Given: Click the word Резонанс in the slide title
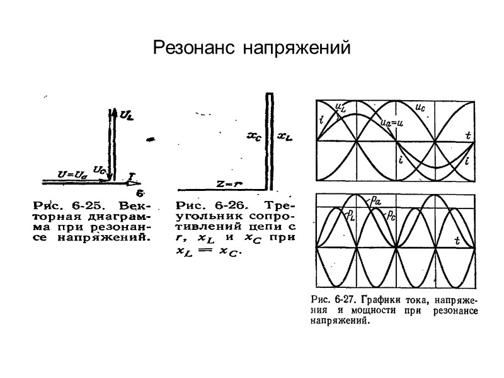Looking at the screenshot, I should tap(195, 49).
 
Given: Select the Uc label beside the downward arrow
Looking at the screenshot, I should tap(99, 169).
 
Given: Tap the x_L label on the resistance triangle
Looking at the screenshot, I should tap(285, 135).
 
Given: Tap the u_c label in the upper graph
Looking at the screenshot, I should tap(420, 107).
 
